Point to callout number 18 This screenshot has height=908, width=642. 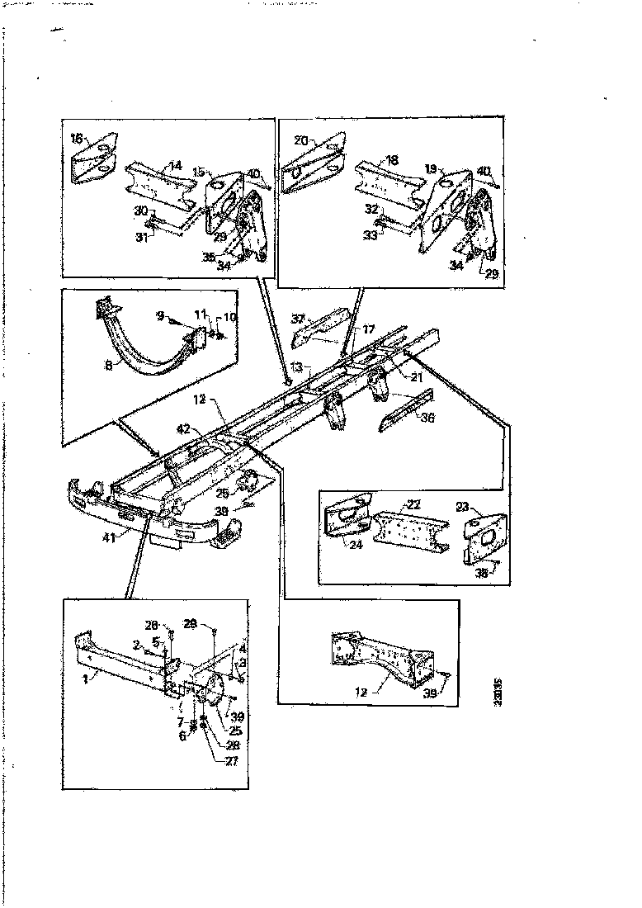tap(393, 158)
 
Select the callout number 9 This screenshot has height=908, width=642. tap(160, 314)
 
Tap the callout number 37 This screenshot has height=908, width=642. tap(298, 319)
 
